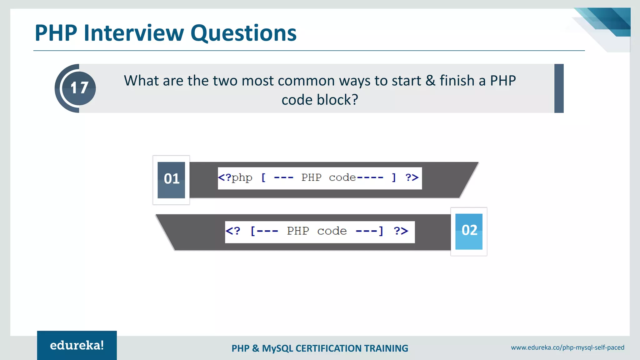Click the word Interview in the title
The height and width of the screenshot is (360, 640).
point(134,33)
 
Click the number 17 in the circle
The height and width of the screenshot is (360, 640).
point(79,88)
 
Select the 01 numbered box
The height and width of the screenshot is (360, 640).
point(171,180)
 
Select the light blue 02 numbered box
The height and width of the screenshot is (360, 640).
point(469,231)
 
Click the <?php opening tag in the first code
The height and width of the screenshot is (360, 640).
point(235,178)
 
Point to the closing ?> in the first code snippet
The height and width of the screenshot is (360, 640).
point(412,178)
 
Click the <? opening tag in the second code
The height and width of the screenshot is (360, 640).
point(233,231)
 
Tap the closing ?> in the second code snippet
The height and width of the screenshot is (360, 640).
point(401,231)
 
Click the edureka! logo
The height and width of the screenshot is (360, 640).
point(77,345)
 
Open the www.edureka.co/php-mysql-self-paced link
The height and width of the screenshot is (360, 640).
point(567,347)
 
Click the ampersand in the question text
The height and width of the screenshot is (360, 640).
point(430,81)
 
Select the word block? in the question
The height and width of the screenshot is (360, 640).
point(337,100)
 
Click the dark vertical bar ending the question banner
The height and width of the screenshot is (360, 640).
point(559,88)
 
